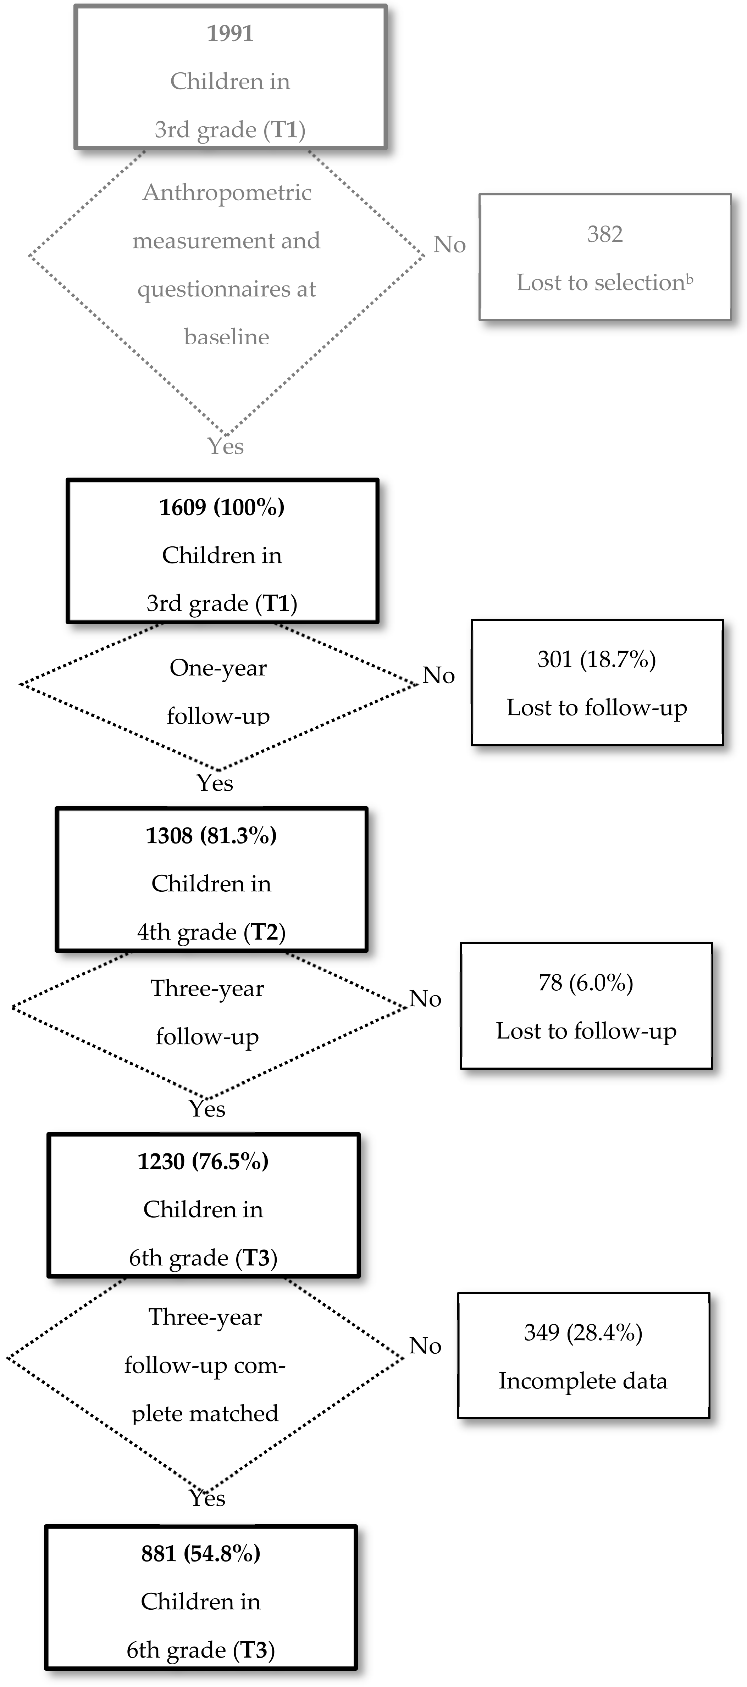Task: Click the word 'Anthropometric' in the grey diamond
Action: click(x=227, y=193)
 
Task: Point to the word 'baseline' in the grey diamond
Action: click(x=227, y=337)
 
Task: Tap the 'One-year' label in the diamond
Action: click(x=218, y=668)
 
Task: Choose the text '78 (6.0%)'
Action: click(x=586, y=982)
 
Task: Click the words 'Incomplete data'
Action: click(x=583, y=1381)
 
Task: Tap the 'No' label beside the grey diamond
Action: click(x=449, y=245)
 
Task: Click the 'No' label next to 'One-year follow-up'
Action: click(x=438, y=675)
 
